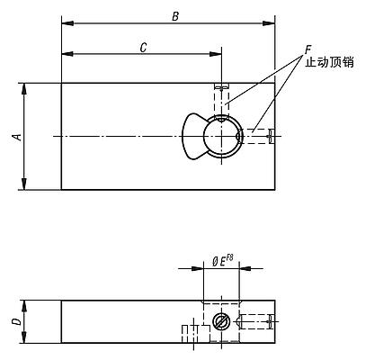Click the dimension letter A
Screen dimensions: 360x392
point(15,136)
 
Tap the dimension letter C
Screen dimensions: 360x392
point(144,47)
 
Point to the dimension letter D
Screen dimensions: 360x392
point(15,320)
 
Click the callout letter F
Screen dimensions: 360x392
point(307,46)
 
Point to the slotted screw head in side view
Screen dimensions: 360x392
point(221,321)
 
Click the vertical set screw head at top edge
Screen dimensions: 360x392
point(222,86)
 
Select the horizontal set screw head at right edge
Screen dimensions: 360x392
point(272,136)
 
